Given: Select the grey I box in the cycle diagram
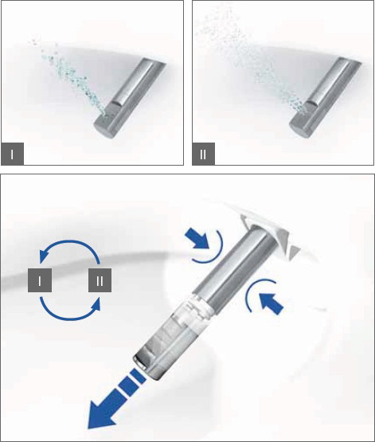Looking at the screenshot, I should click(x=40, y=280).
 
